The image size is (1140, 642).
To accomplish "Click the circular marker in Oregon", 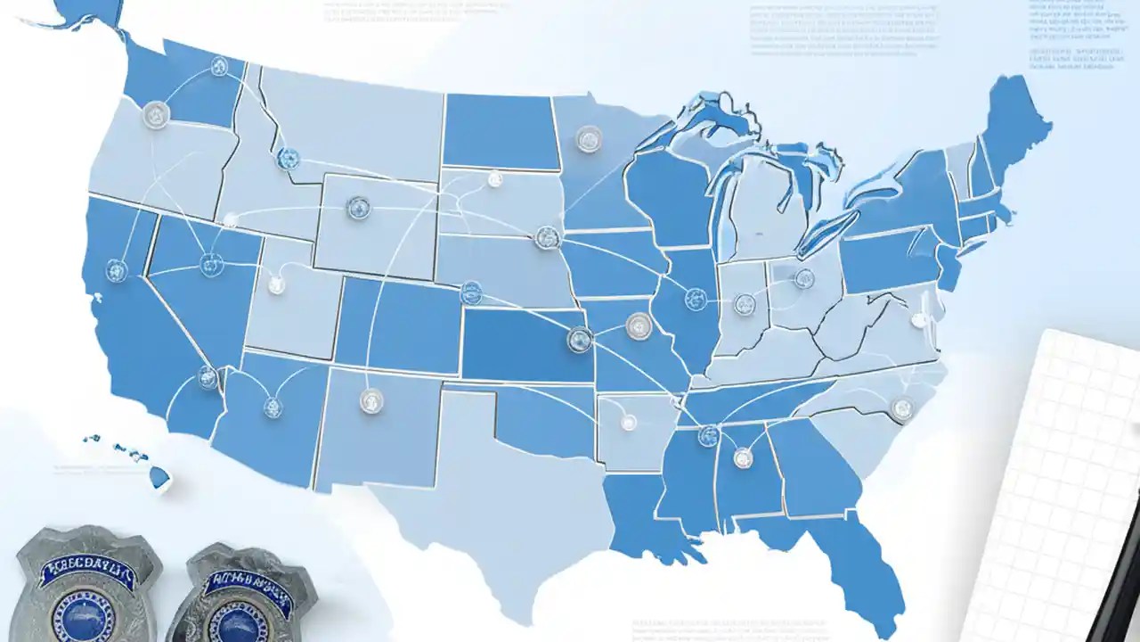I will (156, 114).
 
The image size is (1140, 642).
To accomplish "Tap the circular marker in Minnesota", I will (589, 138).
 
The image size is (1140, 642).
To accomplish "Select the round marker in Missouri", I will (639, 326).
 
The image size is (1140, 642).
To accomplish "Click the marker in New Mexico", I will (371, 400).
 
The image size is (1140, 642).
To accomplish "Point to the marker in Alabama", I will (743, 458).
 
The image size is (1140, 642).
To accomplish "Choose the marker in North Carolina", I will (902, 409).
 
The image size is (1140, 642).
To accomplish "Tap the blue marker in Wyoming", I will (358, 209).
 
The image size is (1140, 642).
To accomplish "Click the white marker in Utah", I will (276, 285).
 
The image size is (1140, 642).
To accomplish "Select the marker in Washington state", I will (219, 66).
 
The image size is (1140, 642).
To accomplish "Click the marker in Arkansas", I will (629, 423).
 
